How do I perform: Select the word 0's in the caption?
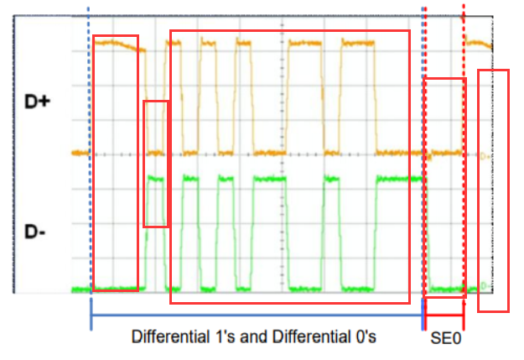[361, 337]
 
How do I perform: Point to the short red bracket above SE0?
[444, 316]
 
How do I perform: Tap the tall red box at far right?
[493, 190]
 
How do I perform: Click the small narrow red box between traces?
[157, 164]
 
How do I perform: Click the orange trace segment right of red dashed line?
[479, 44]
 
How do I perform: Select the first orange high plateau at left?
[116, 44]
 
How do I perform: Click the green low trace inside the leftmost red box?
[116, 288]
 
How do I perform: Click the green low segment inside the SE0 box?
[445, 288]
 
